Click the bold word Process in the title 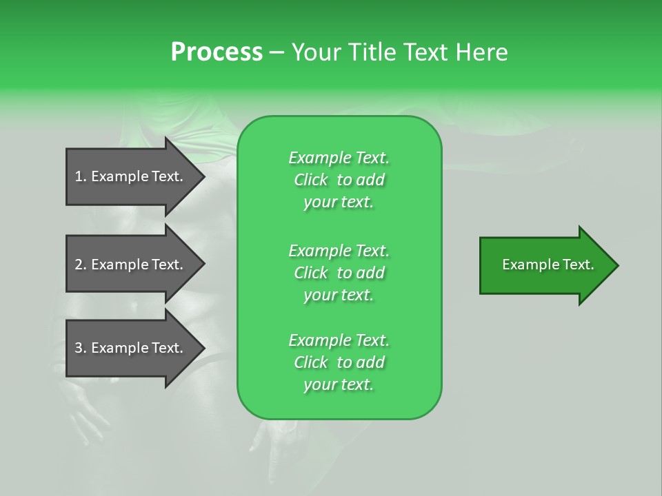point(217,52)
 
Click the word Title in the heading point(374,52)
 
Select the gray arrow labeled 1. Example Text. point(128,176)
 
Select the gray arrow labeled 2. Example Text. point(128,265)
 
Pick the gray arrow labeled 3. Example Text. point(128,348)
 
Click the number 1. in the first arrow point(81,176)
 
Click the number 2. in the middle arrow point(81,265)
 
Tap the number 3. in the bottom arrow point(81,348)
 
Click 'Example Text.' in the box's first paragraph point(339,158)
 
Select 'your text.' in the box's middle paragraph point(339,295)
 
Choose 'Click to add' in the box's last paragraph point(339,362)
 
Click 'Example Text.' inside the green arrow point(548,265)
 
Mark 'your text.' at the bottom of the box point(339,384)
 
